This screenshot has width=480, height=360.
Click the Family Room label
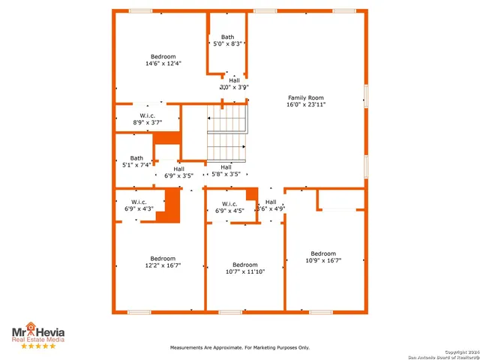305,97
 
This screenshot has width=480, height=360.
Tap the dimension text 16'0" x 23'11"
305,105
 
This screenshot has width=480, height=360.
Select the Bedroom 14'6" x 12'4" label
163,60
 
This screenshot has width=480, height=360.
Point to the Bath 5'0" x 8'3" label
227,40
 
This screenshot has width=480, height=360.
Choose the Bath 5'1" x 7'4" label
136,161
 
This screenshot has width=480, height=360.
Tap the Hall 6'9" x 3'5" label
178,172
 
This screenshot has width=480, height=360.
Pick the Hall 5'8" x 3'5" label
226,170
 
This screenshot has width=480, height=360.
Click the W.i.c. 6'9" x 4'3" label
139,205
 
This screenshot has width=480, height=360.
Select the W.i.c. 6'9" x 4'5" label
229,207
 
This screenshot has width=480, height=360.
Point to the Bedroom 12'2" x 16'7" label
163,262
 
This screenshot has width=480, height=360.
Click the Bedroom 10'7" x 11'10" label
244,268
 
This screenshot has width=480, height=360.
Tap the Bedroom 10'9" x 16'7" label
323,256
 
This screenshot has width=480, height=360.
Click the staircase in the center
226,133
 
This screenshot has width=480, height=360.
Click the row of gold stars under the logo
37,346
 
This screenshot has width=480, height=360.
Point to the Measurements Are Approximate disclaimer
239,347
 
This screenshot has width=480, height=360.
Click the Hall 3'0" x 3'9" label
234,83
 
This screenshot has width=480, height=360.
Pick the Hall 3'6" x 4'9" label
271,205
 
